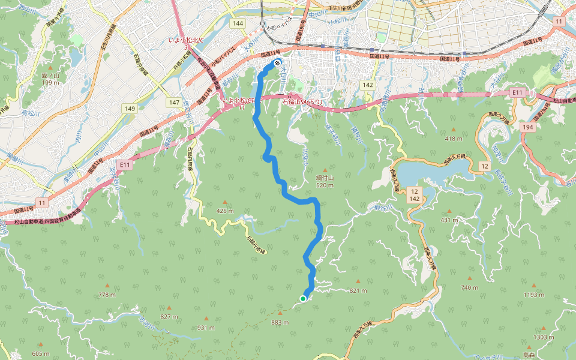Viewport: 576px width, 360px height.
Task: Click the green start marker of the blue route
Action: pyautogui.click(x=304, y=298)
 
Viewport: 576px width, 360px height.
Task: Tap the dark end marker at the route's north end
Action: pyautogui.click(x=277, y=63)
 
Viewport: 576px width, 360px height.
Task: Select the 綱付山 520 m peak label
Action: pyautogui.click(x=325, y=182)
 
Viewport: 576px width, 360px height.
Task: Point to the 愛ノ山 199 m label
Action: pyautogui.click(x=50, y=79)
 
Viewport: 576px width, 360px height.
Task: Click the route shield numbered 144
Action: pyautogui.click(x=238, y=23)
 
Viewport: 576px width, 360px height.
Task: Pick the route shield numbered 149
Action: pyautogui.click(x=130, y=109)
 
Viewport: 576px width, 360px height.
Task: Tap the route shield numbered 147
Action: pyautogui.click(x=174, y=103)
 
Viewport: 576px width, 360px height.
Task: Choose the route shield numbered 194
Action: pyautogui.click(x=527, y=128)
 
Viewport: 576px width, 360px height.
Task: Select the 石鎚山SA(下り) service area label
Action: pyautogui.click(x=302, y=103)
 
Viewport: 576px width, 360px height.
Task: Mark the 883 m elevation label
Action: pyautogui.click(x=280, y=322)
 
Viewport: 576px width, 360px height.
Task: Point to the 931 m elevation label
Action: pyautogui.click(x=206, y=328)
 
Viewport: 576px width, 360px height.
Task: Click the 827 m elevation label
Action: pyautogui.click(x=169, y=316)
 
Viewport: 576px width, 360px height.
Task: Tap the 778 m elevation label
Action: pyautogui.click(x=107, y=295)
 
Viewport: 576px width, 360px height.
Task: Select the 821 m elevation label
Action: pyautogui.click(x=358, y=290)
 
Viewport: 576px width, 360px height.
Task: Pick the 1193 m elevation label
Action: pyautogui.click(x=533, y=295)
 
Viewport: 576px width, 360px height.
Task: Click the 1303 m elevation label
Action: pyautogui.click(x=544, y=337)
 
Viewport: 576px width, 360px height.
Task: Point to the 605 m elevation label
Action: pyautogui.click(x=41, y=353)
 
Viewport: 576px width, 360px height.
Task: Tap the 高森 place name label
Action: pyautogui.click(x=529, y=355)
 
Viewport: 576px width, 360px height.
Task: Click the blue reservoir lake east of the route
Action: pyautogui.click(x=426, y=173)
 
